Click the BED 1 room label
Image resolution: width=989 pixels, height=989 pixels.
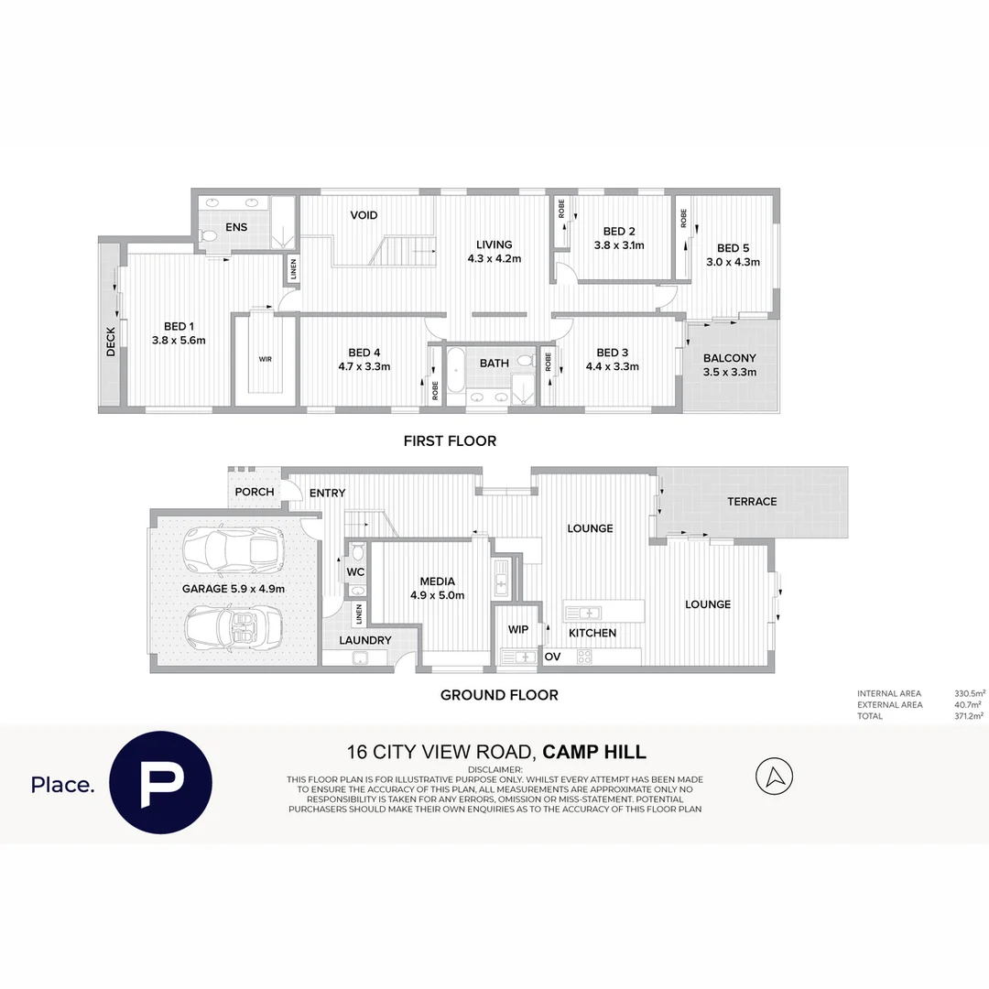(179, 326)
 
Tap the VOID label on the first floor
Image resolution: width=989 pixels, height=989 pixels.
(364, 215)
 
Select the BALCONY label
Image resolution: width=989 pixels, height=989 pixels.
(730, 358)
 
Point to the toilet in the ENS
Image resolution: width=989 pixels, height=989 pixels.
(208, 237)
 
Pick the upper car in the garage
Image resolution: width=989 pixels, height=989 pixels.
(233, 549)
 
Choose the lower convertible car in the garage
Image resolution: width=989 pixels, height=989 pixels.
(233, 628)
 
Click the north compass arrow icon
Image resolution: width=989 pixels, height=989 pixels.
(774, 777)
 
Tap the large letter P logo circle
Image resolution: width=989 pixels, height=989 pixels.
(161, 783)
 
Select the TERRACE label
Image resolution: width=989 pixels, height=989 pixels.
(752, 502)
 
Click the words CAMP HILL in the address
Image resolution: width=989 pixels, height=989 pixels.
(594, 753)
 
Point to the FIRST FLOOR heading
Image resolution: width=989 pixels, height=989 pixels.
(450, 441)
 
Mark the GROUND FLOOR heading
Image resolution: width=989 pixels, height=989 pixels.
(499, 695)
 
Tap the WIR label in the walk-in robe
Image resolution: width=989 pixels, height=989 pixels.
(265, 359)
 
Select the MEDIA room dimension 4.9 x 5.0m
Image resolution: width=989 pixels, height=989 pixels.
(437, 595)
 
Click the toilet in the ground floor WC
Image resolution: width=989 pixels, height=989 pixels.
(357, 551)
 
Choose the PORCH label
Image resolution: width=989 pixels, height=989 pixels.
(255, 492)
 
